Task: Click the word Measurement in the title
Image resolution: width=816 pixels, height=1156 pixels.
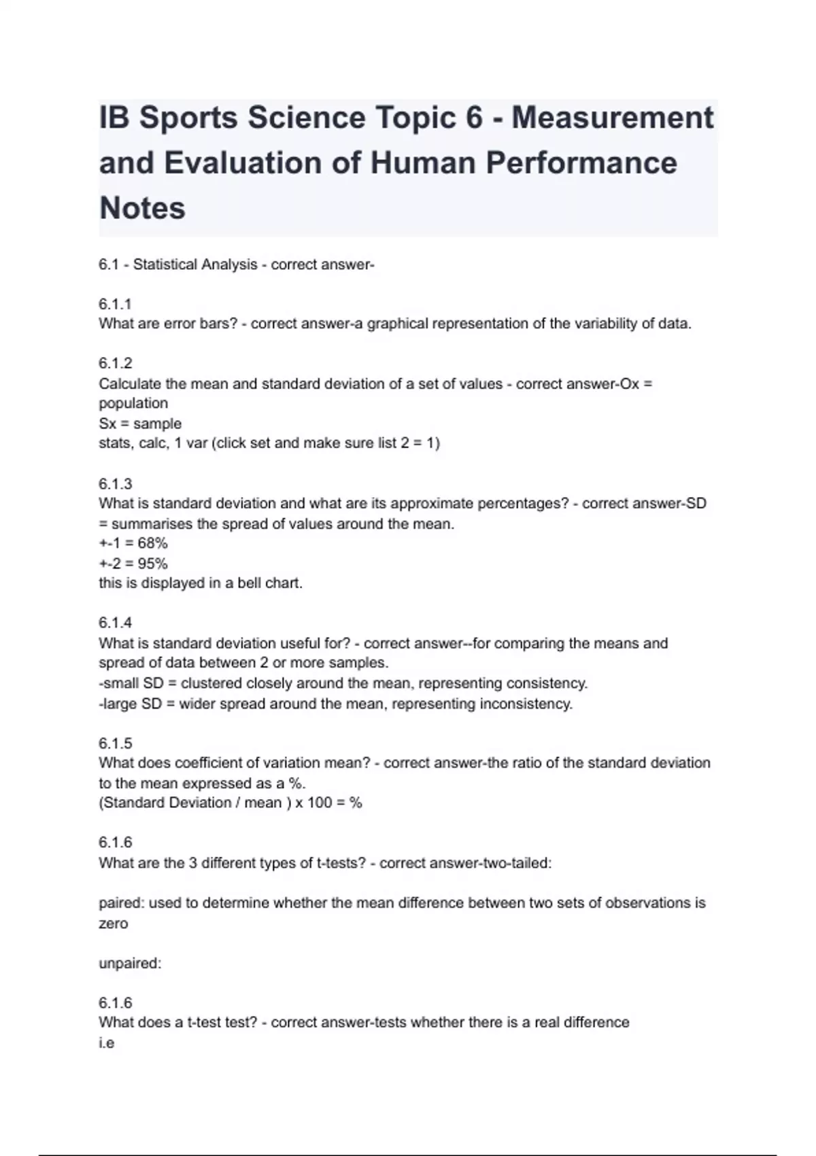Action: pos(612,118)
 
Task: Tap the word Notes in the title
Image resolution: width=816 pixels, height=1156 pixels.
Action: pos(142,208)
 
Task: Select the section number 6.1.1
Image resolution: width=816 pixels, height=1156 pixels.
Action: pos(115,304)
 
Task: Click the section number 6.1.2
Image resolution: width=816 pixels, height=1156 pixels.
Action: pos(115,364)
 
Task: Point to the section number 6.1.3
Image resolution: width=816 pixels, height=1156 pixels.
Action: pos(115,484)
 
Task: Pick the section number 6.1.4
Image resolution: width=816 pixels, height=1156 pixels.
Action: pos(115,623)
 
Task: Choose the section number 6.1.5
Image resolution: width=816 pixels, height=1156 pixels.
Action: pos(115,743)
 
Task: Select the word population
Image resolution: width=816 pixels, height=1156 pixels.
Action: pos(133,403)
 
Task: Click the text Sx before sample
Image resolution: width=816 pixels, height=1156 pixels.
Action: pos(107,424)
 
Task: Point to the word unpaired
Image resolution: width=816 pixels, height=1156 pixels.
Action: pos(129,964)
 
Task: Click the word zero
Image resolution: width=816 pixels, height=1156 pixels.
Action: pos(113,923)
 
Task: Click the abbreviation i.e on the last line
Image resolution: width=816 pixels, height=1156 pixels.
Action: pos(106,1043)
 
